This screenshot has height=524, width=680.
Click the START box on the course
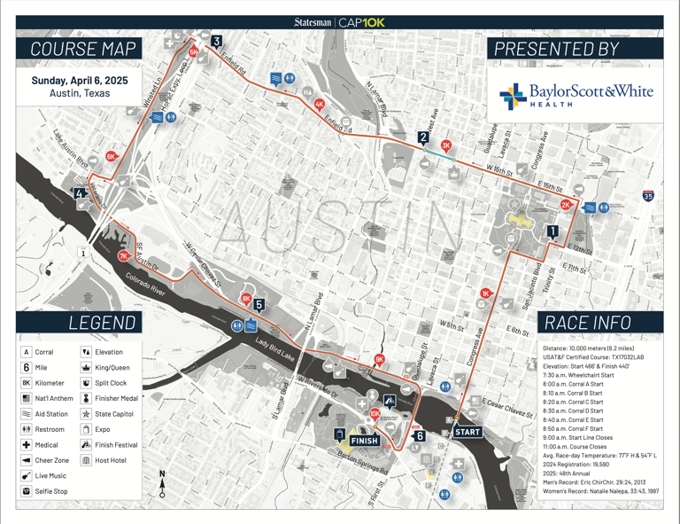pos(467,432)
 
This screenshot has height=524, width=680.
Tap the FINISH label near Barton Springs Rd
pos(364,441)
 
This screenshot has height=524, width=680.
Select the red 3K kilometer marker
pos(446,145)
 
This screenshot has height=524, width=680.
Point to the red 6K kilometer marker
pos(112,156)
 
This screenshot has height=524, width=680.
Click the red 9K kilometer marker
pos(379,359)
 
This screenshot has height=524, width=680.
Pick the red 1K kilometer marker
pos(485,293)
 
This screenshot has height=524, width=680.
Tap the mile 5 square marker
pos(259,305)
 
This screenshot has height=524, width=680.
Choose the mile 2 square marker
pos(423,137)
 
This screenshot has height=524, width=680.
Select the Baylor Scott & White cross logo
pos(511,96)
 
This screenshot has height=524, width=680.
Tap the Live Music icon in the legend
pos(27,475)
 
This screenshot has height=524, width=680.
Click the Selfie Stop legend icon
pos(27,490)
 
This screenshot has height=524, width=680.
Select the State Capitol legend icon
pos(86,414)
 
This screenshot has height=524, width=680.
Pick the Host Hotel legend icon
pos(86,460)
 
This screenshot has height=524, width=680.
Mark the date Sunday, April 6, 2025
pos(80,80)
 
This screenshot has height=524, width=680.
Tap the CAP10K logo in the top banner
pos(361,23)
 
